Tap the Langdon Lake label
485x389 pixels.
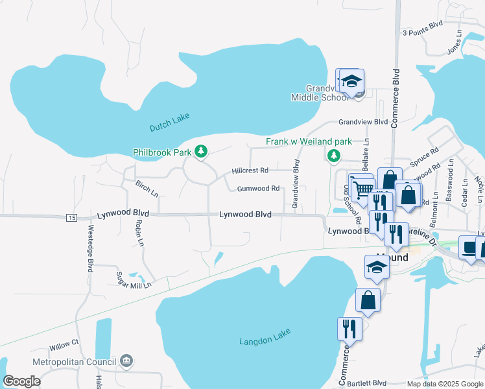265,336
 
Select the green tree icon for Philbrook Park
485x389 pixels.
202,151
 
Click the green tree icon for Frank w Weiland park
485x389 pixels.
334,155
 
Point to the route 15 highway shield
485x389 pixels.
71,218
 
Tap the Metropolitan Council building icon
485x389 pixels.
126,360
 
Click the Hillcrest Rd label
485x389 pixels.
250,171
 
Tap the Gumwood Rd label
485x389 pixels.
258,189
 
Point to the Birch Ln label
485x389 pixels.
147,189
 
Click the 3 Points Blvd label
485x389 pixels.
422,32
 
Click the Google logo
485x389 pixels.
22,381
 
